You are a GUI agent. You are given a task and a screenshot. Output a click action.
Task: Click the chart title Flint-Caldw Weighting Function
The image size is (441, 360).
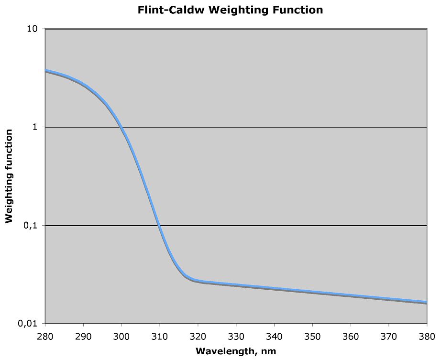coord(230,10)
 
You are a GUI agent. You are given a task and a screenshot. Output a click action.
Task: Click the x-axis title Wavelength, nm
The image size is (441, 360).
coord(236,351)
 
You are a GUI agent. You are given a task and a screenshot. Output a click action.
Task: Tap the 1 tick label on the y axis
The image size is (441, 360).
coord(37,127)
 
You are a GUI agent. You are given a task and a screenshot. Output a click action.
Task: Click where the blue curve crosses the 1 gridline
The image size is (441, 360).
coord(121,127)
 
